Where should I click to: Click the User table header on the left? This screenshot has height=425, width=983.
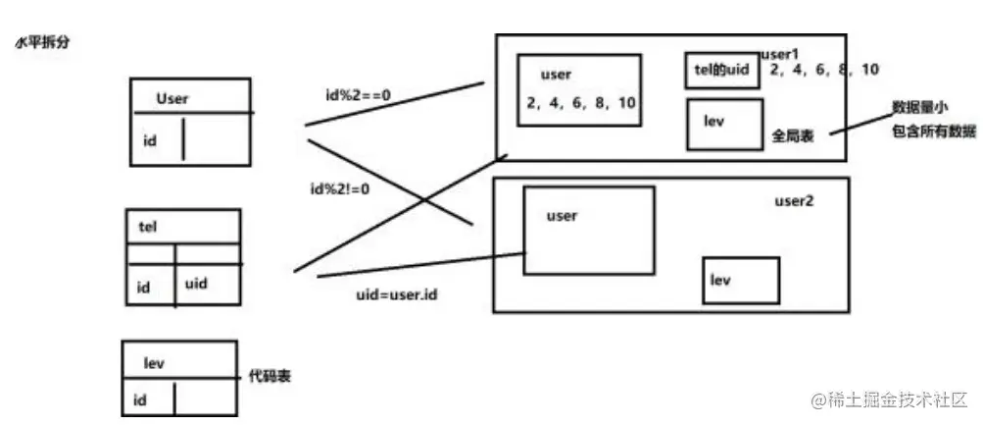(x=172, y=98)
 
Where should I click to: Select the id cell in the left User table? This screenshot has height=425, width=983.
(x=150, y=140)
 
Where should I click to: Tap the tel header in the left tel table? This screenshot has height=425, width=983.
(x=150, y=225)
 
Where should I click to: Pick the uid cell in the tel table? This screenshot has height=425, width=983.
(x=197, y=283)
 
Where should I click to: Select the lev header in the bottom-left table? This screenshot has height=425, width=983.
(x=154, y=362)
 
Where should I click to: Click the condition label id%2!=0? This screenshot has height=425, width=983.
(x=338, y=189)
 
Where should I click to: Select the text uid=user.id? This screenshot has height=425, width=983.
(x=398, y=294)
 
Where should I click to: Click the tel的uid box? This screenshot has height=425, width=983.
(x=721, y=71)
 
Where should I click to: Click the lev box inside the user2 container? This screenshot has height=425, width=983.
(x=741, y=281)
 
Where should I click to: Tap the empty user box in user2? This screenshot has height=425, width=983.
(x=588, y=231)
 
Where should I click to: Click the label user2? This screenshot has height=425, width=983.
(x=795, y=200)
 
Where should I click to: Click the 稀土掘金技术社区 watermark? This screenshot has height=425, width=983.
(x=889, y=400)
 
